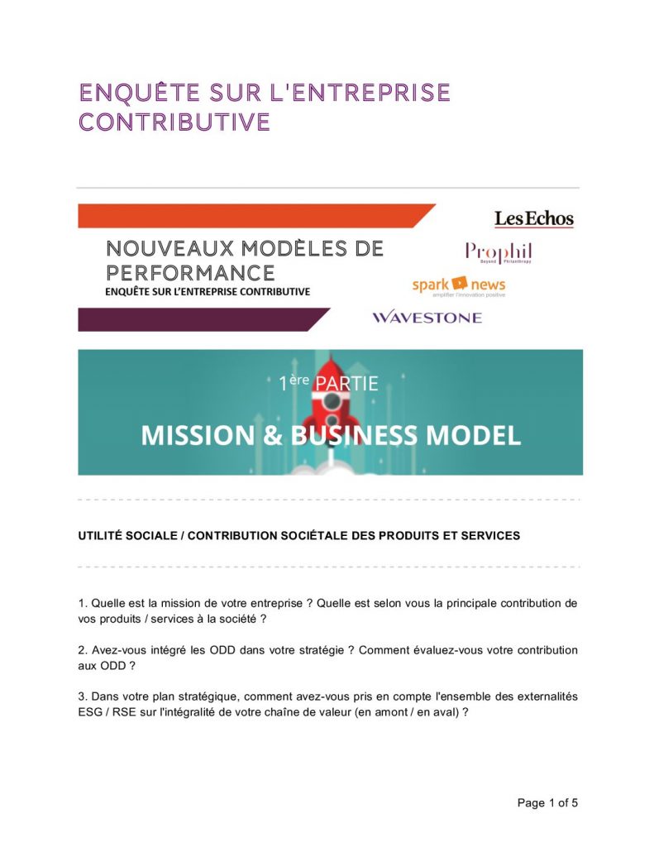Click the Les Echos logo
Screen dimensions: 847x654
(533, 219)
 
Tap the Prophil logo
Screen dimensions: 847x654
(498, 251)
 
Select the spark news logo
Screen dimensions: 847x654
(459, 286)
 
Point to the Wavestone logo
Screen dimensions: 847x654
(427, 318)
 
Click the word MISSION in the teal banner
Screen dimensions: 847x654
(198, 435)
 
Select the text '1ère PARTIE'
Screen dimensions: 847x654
(328, 384)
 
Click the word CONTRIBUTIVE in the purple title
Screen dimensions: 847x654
(174, 122)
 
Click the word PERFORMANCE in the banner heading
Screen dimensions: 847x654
(190, 272)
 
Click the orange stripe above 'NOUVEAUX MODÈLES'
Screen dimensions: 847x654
(248, 216)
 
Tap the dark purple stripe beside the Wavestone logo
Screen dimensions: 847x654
(198, 319)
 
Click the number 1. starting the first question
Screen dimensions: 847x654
(83, 603)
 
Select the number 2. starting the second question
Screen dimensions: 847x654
(83, 650)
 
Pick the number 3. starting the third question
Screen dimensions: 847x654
(83, 696)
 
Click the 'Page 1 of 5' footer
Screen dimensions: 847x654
(547, 802)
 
